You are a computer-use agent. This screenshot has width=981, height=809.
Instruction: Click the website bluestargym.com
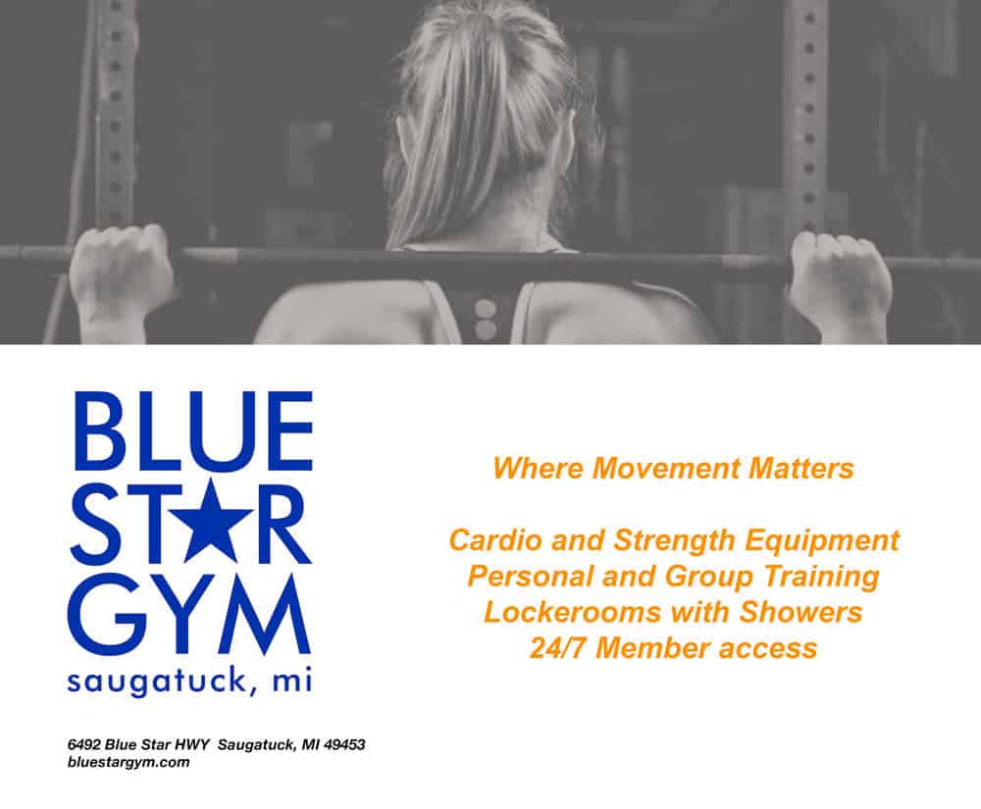(129, 762)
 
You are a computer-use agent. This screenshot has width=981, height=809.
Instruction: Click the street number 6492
(83, 744)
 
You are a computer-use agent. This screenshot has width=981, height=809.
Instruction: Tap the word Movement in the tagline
(666, 469)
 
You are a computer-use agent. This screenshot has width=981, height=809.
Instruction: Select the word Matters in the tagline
(800, 469)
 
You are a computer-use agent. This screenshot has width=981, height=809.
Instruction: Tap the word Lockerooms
(572, 612)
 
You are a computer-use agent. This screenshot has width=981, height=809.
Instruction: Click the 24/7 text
(559, 648)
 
